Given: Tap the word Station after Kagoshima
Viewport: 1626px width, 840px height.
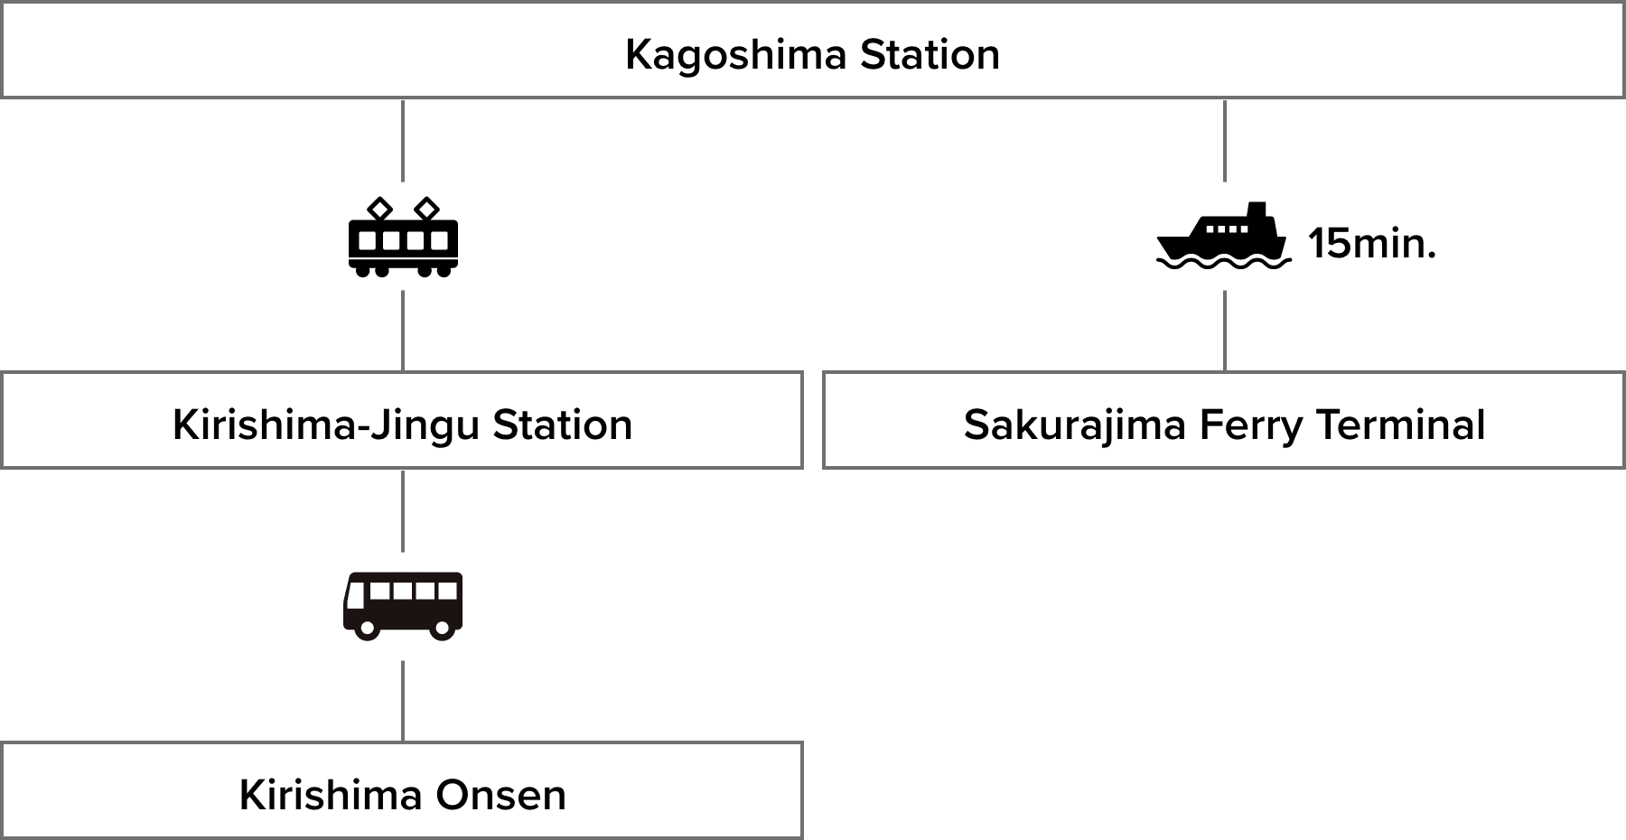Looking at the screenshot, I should pyautogui.click(x=930, y=55).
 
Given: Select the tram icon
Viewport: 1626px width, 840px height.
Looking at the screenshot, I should pyautogui.click(x=403, y=237).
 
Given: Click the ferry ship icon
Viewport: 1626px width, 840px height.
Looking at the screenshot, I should pyautogui.click(x=1224, y=237).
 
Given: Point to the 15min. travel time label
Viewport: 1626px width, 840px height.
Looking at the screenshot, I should pyautogui.click(x=1371, y=244).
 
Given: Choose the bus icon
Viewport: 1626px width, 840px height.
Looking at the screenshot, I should pyautogui.click(x=403, y=606).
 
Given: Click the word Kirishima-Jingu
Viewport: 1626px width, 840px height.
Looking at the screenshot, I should pyautogui.click(x=325, y=425).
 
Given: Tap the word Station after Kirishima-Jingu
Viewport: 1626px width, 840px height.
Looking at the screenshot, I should pyautogui.click(x=562, y=425).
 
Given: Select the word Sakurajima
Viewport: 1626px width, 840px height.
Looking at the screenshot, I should pyautogui.click(x=1074, y=425).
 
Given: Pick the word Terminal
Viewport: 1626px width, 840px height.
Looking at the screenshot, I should pyautogui.click(x=1400, y=425).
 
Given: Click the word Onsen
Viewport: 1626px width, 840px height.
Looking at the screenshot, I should pyautogui.click(x=500, y=796).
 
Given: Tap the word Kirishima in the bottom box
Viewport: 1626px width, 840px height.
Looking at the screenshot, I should pyautogui.click(x=331, y=796).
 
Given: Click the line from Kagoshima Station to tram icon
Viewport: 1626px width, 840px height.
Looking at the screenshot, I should pyautogui.click(x=403, y=140).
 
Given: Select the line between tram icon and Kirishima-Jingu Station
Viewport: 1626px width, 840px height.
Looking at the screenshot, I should pyautogui.click(x=403, y=331).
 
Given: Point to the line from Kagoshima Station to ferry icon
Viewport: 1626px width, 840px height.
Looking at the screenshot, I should pyautogui.click(x=1225, y=140).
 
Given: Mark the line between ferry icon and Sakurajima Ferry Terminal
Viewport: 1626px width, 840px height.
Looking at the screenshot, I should pyautogui.click(x=1225, y=331).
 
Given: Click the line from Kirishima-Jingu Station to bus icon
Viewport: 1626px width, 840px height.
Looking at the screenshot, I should pyautogui.click(x=403, y=510).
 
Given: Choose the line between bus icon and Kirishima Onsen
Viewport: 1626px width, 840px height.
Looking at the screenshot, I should pyautogui.click(x=403, y=701).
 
